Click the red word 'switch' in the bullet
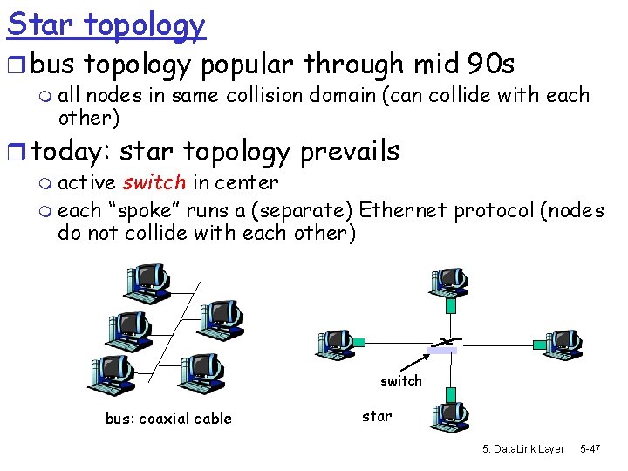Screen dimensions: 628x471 [x=154, y=182]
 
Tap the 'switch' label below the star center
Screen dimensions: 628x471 [x=400, y=380]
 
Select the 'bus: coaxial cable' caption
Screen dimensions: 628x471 [x=168, y=419]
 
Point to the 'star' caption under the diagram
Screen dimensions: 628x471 [x=377, y=416]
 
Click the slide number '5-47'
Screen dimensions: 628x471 [x=590, y=448]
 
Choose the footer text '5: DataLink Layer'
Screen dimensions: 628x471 [x=523, y=448]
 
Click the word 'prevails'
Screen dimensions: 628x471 [x=349, y=151]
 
